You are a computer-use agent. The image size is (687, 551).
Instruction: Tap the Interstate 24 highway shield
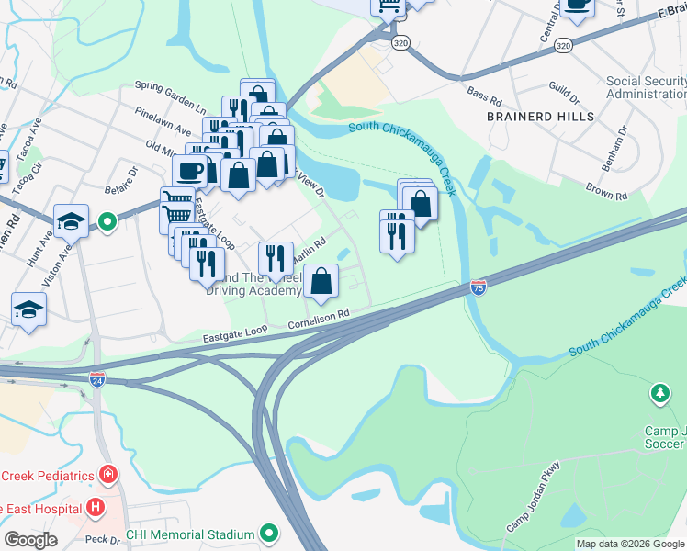[x=98, y=377]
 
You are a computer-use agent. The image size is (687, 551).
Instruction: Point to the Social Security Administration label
[x=646, y=87]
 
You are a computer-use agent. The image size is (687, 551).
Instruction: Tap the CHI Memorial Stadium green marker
[x=269, y=533]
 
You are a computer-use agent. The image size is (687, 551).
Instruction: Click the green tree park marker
[x=659, y=394]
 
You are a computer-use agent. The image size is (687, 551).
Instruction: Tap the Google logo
[x=30, y=540]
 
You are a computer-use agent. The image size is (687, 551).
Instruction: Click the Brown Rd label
[x=607, y=195]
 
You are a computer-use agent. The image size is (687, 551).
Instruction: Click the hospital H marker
[x=95, y=508]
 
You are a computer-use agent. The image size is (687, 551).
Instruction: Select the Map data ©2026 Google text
[x=630, y=544]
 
